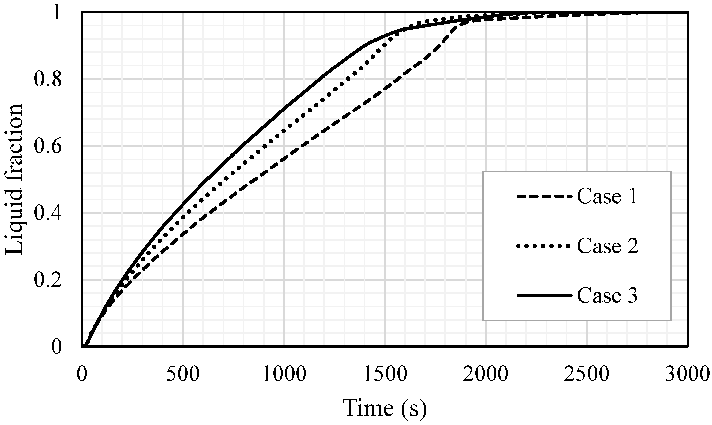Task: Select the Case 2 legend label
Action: point(607,246)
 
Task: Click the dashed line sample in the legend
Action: point(544,197)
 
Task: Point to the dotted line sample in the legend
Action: point(544,246)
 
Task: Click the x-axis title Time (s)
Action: point(385,408)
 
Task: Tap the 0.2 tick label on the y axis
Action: point(48,280)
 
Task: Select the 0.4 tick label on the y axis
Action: point(48,213)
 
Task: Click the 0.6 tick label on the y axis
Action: point(48,146)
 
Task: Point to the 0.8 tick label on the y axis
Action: point(48,79)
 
